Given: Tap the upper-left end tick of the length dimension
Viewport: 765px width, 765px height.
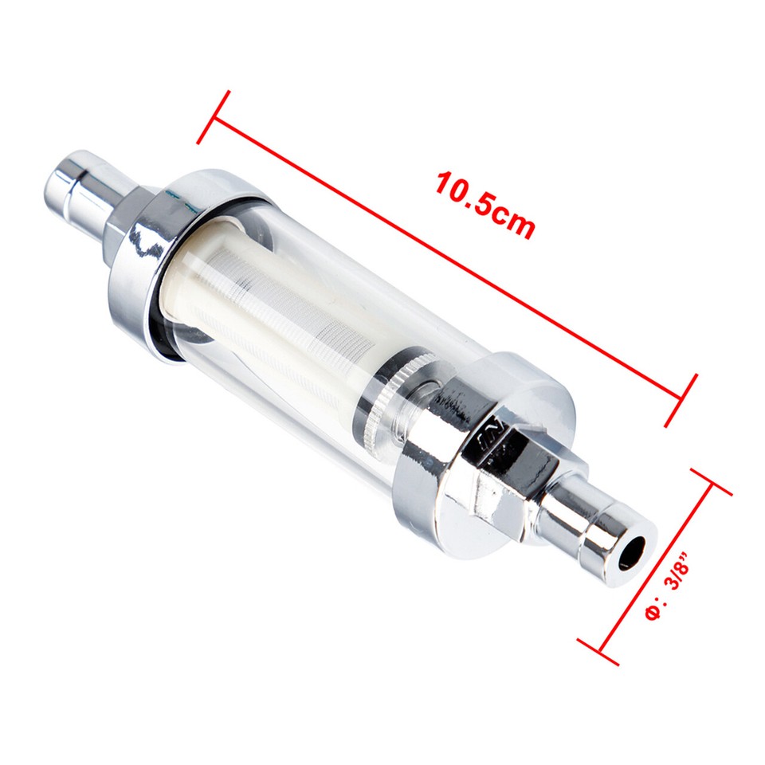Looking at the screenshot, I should point(214,117).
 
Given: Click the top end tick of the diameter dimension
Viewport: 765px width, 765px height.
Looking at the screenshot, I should point(712,482).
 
